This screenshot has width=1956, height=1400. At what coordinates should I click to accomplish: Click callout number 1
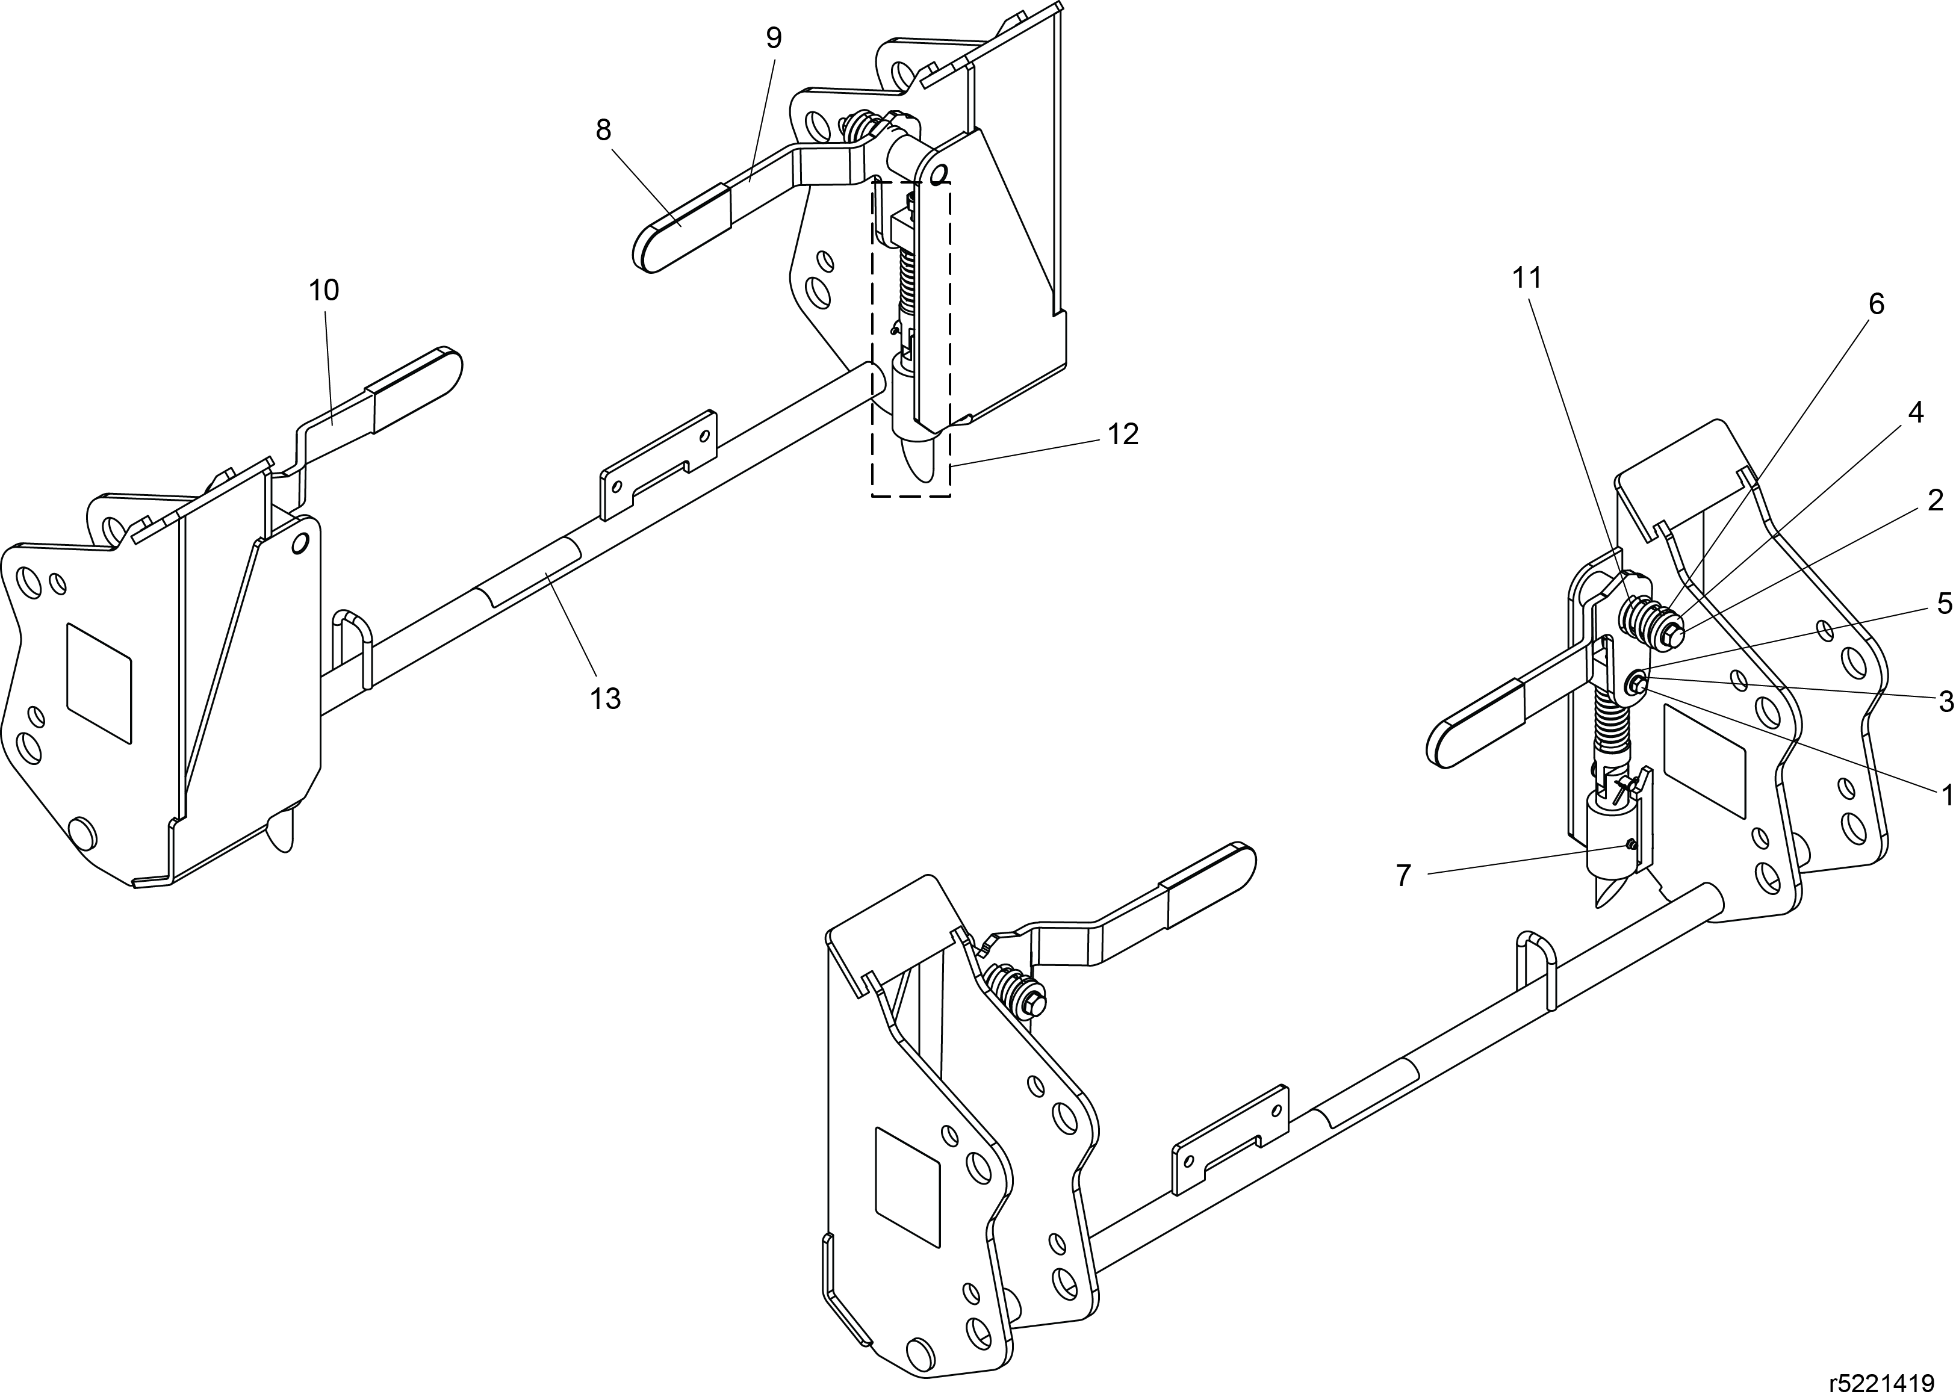(1946, 795)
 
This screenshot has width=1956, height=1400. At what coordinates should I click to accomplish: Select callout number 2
(1936, 500)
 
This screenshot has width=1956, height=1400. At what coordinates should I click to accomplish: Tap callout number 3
(1946, 702)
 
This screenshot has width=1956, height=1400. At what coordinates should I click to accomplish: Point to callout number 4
(1914, 412)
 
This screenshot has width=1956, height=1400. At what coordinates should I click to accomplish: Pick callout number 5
(1945, 604)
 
